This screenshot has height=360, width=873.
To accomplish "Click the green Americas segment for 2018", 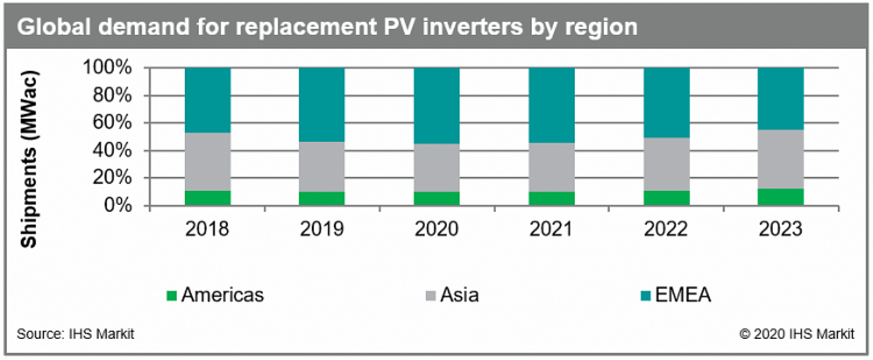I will pyautogui.click(x=208, y=197).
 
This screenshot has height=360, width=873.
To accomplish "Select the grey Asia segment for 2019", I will pyautogui.click(x=322, y=167).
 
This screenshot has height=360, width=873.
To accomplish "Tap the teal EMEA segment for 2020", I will pyautogui.click(x=436, y=106).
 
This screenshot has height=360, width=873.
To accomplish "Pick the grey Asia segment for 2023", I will pyautogui.click(x=780, y=159).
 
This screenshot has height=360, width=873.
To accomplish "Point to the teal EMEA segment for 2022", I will pyautogui.click(x=666, y=103).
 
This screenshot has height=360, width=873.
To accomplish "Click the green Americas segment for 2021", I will pyautogui.click(x=552, y=198).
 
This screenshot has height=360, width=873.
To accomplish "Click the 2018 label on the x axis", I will pyautogui.click(x=208, y=229).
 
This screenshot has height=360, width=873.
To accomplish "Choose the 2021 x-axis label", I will pyautogui.click(x=552, y=229).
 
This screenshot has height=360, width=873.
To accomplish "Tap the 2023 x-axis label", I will pyautogui.click(x=780, y=229).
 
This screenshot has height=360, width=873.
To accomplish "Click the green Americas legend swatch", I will pyautogui.click(x=172, y=295).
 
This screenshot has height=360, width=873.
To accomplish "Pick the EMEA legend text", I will pyautogui.click(x=681, y=294).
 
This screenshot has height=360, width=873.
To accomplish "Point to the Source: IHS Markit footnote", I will pyautogui.click(x=75, y=334).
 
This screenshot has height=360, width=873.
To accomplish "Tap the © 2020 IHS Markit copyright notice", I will pyautogui.click(x=797, y=334).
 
